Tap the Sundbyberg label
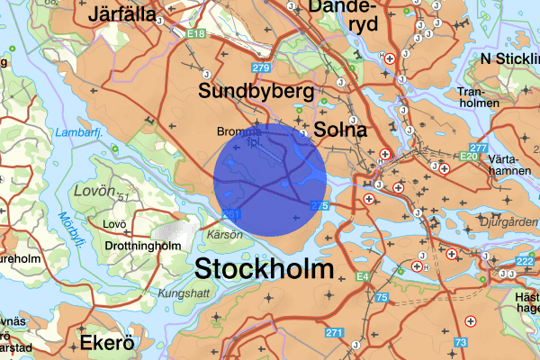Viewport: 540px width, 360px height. (x=256, y=92)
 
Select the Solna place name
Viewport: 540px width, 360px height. (x=341, y=130)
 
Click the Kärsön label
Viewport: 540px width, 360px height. (x=225, y=235)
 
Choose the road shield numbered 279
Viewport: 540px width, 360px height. (x=262, y=68)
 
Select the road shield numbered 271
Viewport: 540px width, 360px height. (x=335, y=333)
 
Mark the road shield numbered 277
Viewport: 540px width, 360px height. (x=478, y=148)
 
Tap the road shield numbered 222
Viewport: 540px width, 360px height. (x=526, y=261)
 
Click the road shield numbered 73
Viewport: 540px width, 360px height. (x=462, y=343)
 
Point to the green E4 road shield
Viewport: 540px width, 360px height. (x=363, y=276)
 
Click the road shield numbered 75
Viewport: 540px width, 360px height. (x=382, y=297)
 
